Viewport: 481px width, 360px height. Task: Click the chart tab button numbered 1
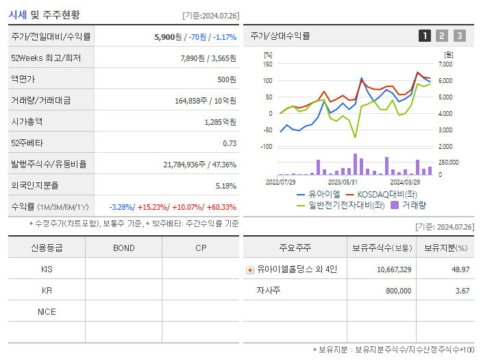click(425, 36)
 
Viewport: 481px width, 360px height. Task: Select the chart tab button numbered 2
click(442, 36)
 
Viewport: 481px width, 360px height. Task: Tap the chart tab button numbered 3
click(459, 36)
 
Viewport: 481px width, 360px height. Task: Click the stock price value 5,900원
click(169, 37)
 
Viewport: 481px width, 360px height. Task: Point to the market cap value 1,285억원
click(220, 122)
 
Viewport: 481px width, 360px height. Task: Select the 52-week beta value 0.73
click(230, 143)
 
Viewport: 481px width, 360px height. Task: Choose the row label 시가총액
click(27, 122)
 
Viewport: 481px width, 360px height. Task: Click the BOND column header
click(123, 248)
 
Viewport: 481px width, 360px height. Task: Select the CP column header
click(200, 248)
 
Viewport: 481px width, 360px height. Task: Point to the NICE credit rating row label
click(47, 312)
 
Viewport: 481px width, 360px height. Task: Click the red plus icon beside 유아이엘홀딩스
click(249, 270)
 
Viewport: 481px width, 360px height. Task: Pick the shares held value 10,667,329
click(394, 270)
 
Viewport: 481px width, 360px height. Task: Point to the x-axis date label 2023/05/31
click(343, 182)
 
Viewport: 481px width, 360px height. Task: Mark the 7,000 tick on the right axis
click(445, 64)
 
